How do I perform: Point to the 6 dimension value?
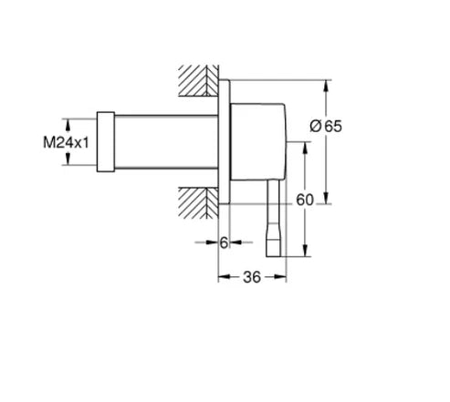pos(224,242)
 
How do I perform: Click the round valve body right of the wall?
pos(259,140)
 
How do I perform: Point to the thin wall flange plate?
pos(222,140)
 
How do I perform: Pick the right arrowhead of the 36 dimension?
pos(285,277)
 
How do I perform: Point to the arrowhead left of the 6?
pos(213,242)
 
